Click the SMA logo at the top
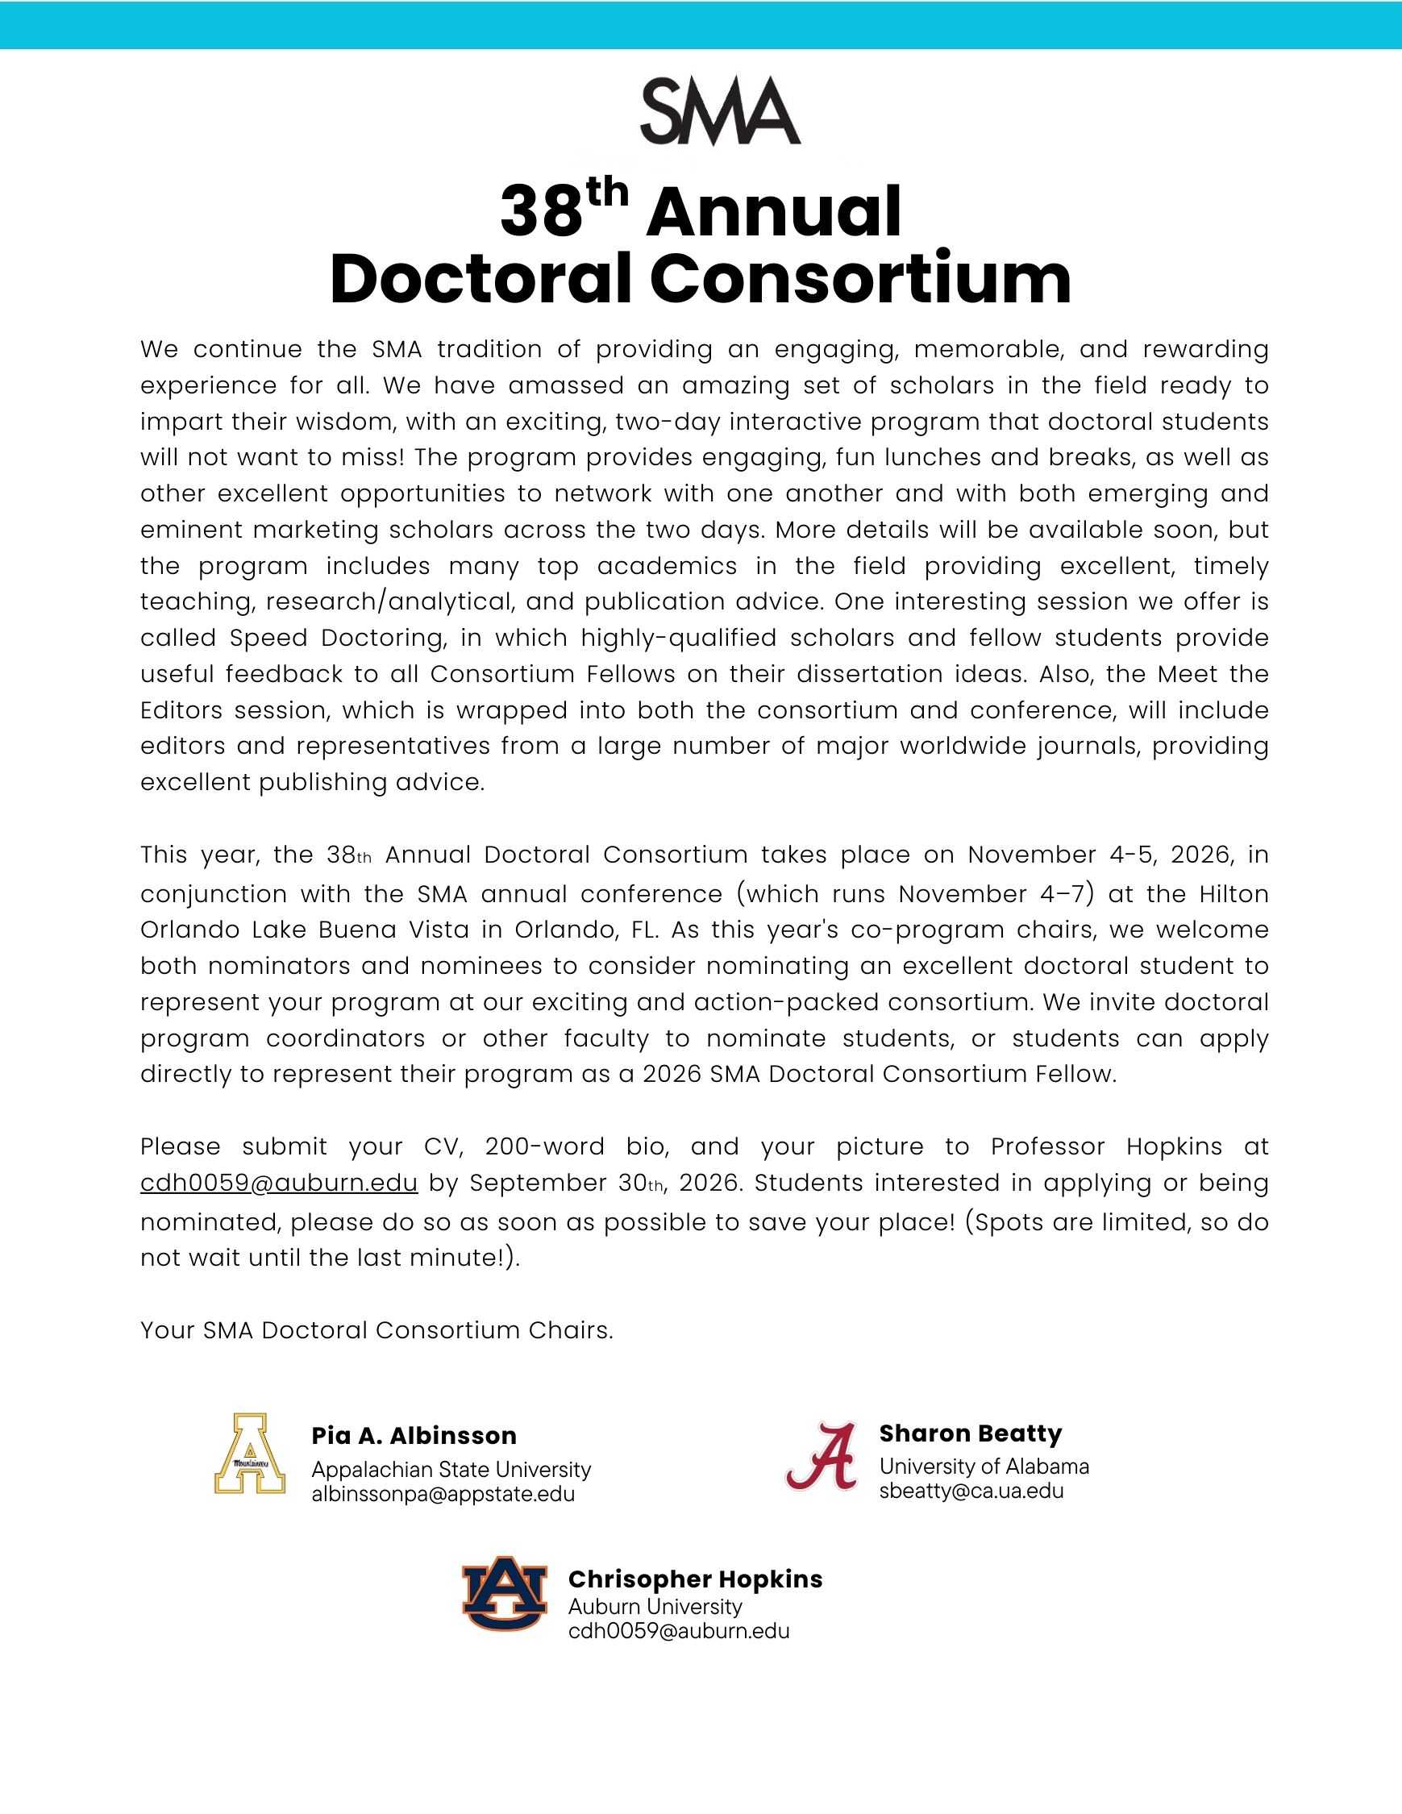(719, 111)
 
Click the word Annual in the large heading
(773, 212)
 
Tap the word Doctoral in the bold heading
(480, 279)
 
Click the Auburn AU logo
(505, 1593)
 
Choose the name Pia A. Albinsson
(414, 1436)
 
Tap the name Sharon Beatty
(970, 1433)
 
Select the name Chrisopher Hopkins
(695, 1579)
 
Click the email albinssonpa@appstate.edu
(443, 1494)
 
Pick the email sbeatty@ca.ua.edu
(971, 1491)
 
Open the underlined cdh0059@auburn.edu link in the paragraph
(279, 1183)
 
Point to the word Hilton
(1234, 894)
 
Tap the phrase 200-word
(544, 1146)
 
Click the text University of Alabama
(984, 1466)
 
